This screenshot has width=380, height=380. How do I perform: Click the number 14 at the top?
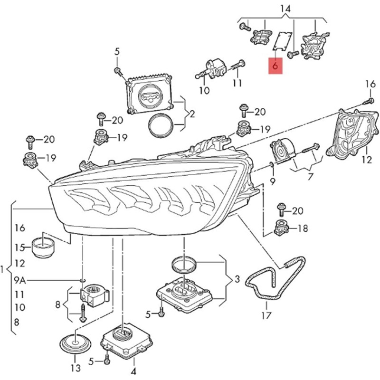coord(285,8)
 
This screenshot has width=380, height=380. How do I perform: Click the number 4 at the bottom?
coord(133,370)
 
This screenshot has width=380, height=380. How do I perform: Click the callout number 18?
coord(302,228)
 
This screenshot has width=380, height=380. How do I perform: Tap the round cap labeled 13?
coord(75,343)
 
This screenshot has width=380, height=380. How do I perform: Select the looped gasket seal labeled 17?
coord(275,280)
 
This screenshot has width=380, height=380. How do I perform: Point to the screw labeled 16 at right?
coord(369,101)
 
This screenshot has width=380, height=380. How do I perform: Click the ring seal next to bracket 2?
coord(161,125)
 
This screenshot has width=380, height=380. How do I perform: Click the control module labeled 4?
coord(127,341)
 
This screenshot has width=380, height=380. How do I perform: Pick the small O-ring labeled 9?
coord(271,165)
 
